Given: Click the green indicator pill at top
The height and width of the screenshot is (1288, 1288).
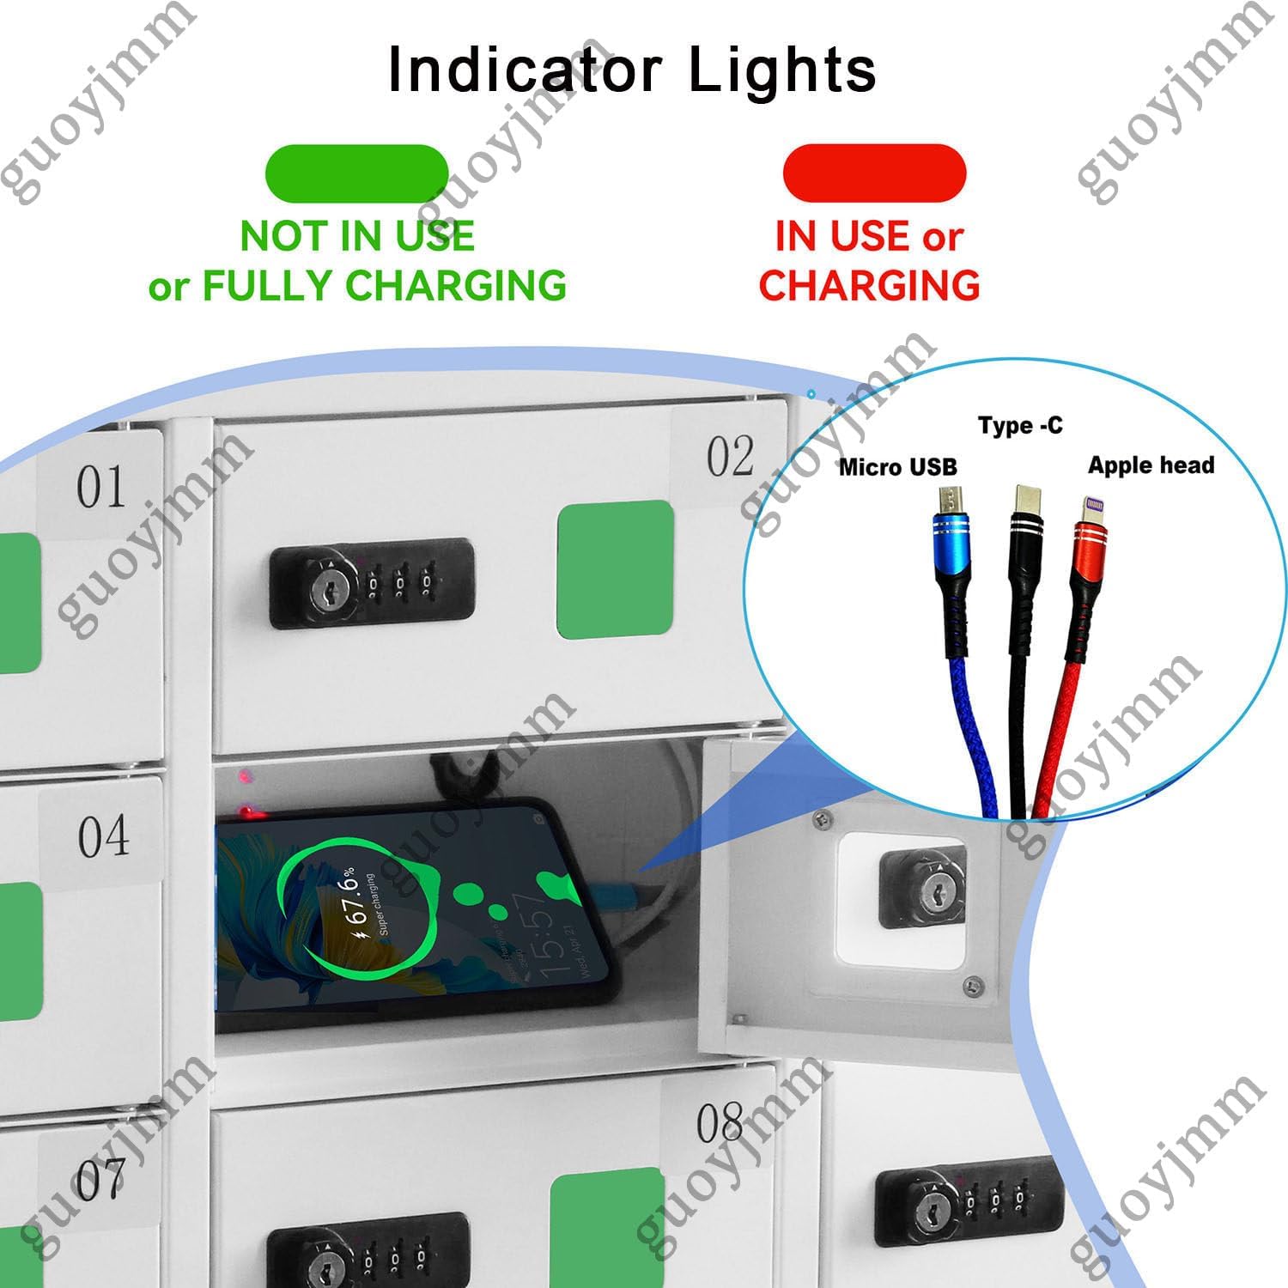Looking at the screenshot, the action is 357,173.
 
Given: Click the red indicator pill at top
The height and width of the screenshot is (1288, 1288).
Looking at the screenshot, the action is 874,173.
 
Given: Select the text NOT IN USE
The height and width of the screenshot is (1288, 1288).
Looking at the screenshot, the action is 357,236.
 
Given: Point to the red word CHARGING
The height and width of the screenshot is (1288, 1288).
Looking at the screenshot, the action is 869,286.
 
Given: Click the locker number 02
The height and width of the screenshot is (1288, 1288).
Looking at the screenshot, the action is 731,457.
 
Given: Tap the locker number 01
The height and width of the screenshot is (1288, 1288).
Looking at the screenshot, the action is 101,488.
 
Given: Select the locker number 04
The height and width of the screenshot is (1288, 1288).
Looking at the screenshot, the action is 103,836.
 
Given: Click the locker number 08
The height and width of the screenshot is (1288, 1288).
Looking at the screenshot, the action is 720,1123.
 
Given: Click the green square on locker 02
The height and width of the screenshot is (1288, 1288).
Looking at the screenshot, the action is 615,570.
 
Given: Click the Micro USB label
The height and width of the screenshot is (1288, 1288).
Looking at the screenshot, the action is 897,467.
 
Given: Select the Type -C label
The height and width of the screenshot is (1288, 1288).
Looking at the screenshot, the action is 1020,425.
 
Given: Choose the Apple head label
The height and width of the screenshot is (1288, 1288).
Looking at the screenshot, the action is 1151,465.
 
